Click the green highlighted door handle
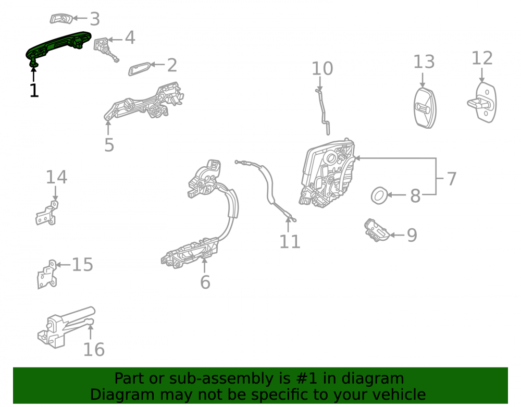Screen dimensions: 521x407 click(58, 45)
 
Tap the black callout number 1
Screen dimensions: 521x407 click(34, 90)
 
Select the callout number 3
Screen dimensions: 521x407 click(95, 19)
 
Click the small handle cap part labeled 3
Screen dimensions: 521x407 click(61, 19)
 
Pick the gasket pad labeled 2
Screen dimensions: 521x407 click(140, 68)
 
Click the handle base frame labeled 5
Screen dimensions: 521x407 click(144, 102)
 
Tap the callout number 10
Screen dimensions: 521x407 click(322, 68)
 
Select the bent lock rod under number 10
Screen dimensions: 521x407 click(322, 111)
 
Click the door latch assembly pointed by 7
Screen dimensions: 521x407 click(327, 174)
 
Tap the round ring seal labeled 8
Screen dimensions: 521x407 click(379, 195)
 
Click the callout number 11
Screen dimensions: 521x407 click(290, 241)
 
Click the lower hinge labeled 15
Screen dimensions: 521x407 click(47, 274)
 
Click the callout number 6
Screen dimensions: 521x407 click(205, 282)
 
